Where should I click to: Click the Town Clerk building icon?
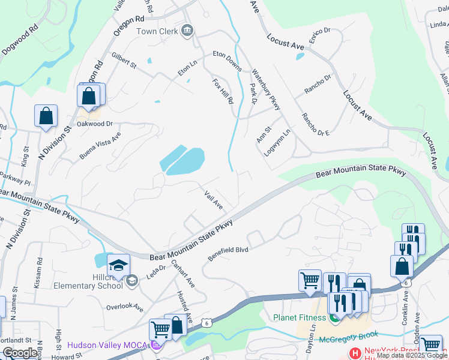[x=187, y=31]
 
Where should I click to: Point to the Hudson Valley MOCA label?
[x=108, y=345]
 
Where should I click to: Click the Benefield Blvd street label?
[x=228, y=250]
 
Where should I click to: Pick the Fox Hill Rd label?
[x=222, y=91]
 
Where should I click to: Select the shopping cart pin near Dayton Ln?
[x=310, y=280]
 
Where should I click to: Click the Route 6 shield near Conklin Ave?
[x=406, y=282]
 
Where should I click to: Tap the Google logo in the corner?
[x=20, y=353]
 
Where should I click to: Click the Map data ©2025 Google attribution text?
[x=412, y=355]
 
